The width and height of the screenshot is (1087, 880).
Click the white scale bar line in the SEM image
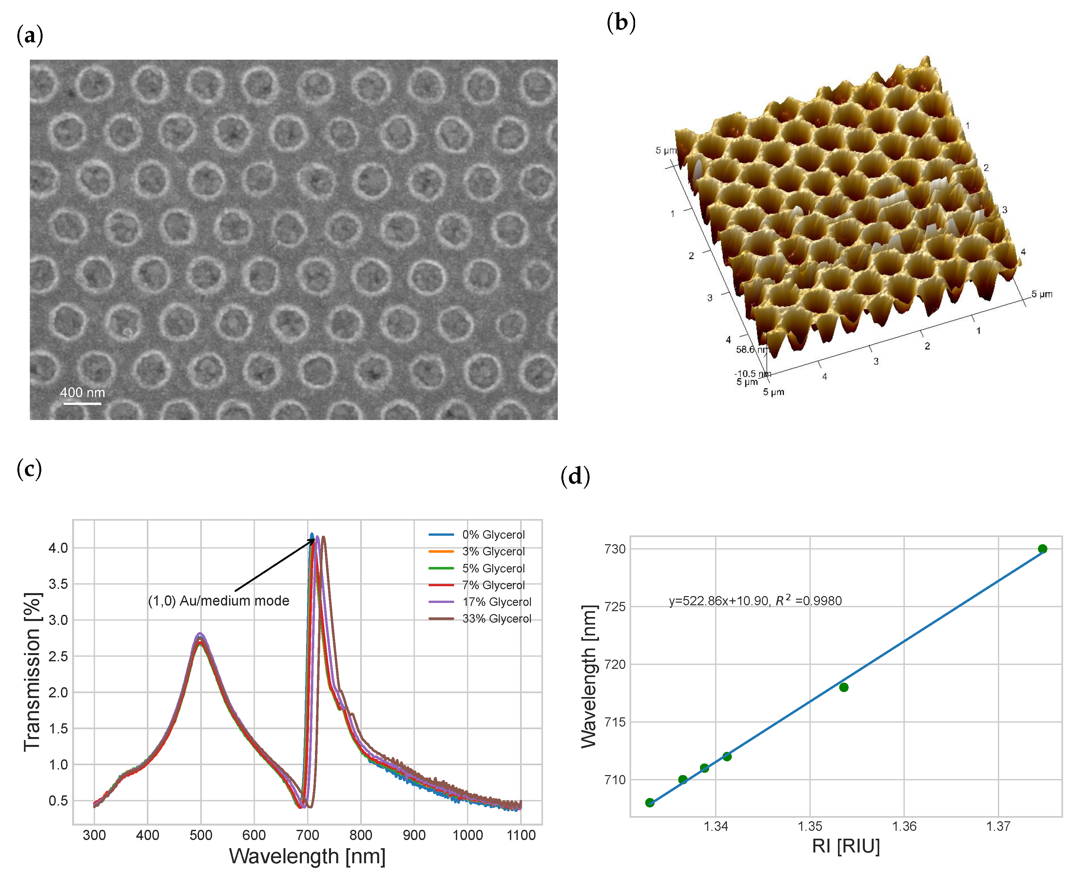coord(82,404)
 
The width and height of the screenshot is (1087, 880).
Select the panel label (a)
coord(30,35)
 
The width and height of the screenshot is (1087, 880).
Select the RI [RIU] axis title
coord(846,846)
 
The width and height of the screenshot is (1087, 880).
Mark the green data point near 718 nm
coord(844,687)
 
